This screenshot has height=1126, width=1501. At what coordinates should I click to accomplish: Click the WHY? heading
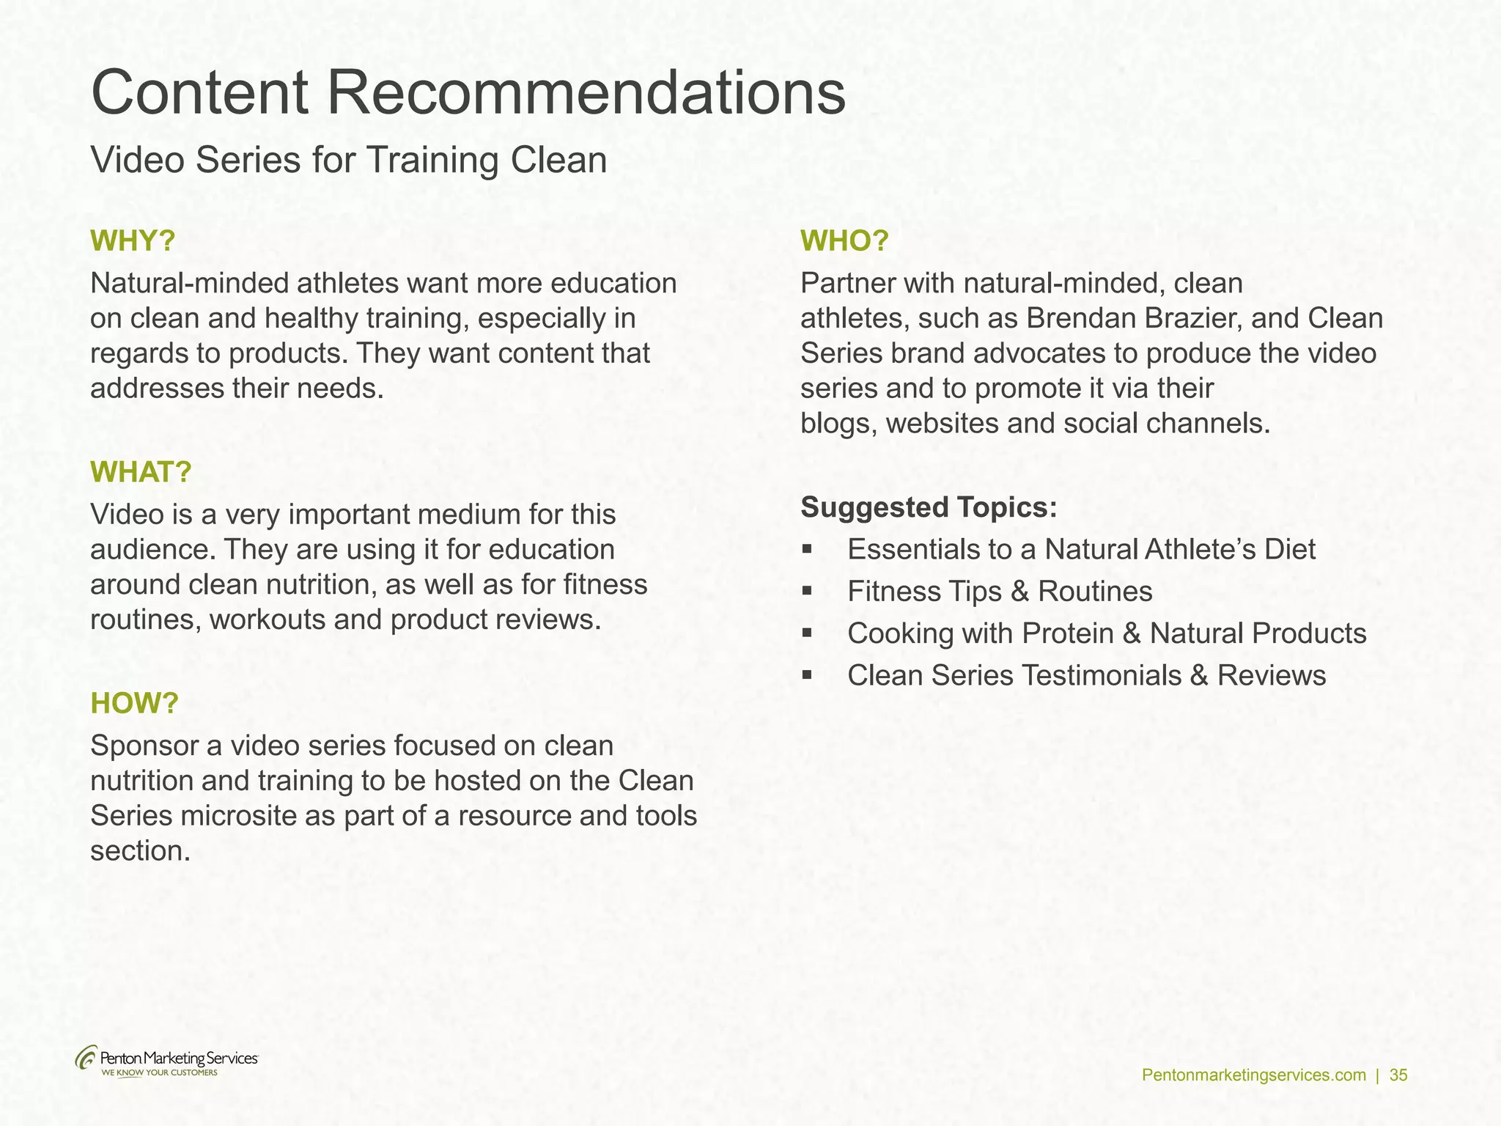[133, 241]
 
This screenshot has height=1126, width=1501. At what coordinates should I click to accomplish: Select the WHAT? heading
[141, 472]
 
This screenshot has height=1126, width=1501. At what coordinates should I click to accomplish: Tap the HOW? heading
[134, 703]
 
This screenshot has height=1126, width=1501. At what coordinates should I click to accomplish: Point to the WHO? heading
[844, 241]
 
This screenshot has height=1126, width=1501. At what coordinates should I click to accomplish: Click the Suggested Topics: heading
[929, 507]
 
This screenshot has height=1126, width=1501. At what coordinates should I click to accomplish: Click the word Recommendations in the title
[586, 93]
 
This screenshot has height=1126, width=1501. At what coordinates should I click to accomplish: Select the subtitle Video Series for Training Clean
[349, 161]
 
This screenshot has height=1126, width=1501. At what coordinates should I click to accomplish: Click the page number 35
[1398, 1075]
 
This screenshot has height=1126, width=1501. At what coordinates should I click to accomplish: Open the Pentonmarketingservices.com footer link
[1254, 1075]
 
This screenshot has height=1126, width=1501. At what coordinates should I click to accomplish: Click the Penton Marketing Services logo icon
[86, 1059]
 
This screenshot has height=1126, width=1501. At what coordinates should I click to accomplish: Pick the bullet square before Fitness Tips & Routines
[807, 591]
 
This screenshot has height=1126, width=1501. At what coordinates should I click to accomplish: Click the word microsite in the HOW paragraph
[238, 816]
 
